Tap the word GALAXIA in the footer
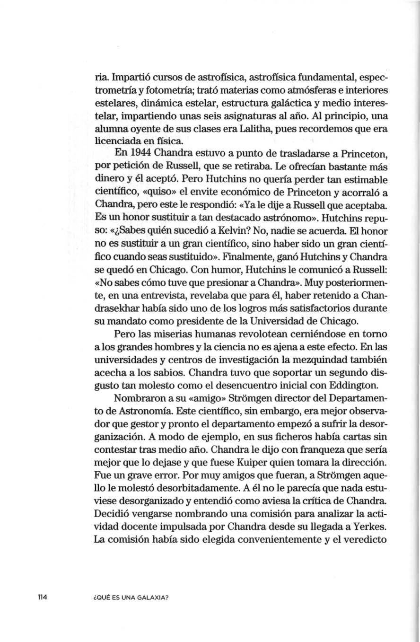pyautogui.click(x=153, y=598)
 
